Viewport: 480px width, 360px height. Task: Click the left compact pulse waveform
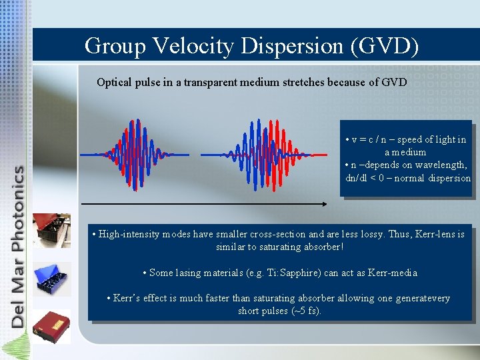coord(135,154)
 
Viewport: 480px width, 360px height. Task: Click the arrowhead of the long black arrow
coord(323,203)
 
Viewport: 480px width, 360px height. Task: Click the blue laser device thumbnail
coord(52,279)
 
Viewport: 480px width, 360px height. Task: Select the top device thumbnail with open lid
coord(52,230)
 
